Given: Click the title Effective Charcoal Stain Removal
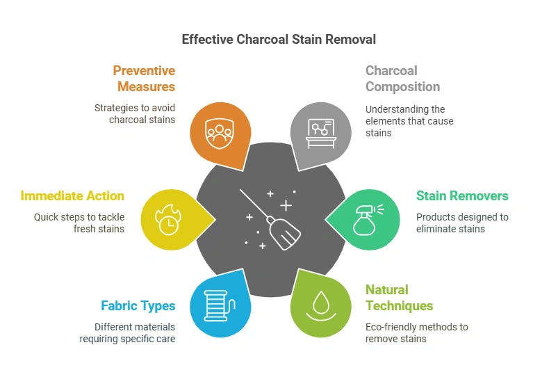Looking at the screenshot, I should pos(279,39).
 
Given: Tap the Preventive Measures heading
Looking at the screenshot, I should pos(145,79).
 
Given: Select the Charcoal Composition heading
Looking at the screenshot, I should pos(402,79).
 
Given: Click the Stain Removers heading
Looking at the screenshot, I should pos(462,196).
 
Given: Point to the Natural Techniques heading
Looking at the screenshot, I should pos(399,298).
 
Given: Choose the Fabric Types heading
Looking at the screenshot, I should pos(138,305).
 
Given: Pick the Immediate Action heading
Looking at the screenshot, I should pos(72,196).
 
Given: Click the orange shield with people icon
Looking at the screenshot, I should pos(219,131).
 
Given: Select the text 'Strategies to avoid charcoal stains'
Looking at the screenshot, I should pos(135,114).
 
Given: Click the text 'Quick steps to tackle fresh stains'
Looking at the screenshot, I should pos(79,223).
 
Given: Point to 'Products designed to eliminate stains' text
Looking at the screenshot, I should pos(462,223).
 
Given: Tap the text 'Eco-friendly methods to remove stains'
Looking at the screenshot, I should pos(417,332).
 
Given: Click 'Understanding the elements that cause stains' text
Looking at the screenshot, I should pos(409,121).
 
